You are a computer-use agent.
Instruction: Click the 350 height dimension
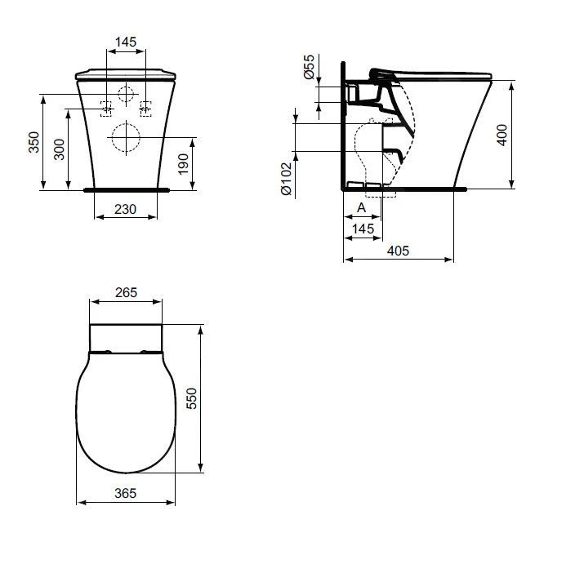[x=33, y=142]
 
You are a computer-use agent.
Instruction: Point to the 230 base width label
[x=125, y=210]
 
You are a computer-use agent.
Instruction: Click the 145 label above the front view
[x=126, y=42]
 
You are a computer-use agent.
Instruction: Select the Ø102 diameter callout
[x=286, y=177]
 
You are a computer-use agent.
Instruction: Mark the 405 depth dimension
[x=398, y=251]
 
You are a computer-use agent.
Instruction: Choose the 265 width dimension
[x=125, y=292]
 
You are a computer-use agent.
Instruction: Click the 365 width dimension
[x=125, y=493]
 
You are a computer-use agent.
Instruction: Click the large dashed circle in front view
[x=125, y=138]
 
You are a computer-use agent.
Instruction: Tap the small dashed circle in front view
[x=125, y=93]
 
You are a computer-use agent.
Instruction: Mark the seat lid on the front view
[x=125, y=73]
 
